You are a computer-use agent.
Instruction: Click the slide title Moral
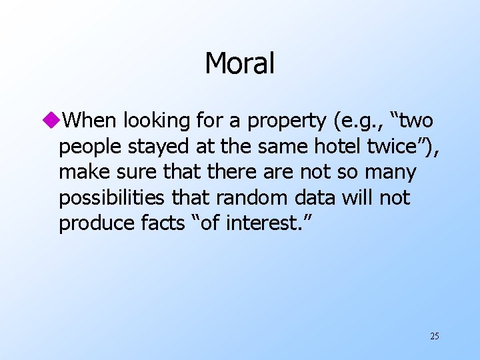click(239, 63)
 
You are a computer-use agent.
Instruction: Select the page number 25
click(434, 336)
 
